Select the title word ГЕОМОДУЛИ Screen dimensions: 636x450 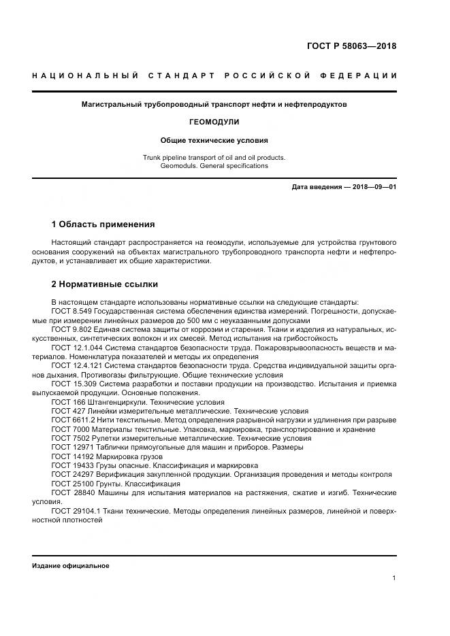[x=214, y=122]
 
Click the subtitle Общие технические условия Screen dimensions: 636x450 [x=214, y=140]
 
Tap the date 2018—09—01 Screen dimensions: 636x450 [x=374, y=186]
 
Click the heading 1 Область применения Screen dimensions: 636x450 [x=103, y=224]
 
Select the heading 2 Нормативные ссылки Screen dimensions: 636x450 [x=105, y=284]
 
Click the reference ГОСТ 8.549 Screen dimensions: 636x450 [x=71, y=312]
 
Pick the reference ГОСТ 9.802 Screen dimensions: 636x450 [x=71, y=329]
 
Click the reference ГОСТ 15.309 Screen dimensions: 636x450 [x=73, y=384]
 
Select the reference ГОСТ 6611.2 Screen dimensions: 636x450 [x=73, y=420]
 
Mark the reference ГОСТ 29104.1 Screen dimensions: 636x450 [x=75, y=511]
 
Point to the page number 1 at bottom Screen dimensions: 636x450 [x=393, y=578]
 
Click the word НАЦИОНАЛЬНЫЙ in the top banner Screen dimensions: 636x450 [x=80, y=75]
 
